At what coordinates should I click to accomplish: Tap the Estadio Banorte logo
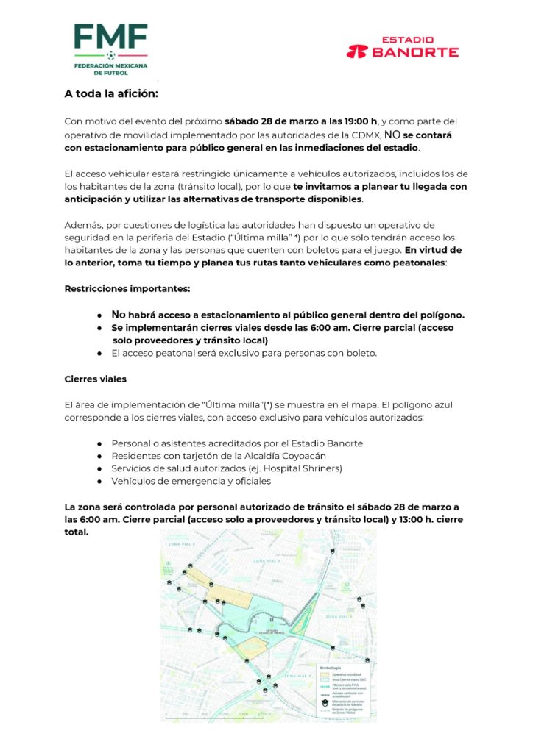pyautogui.click(x=403, y=47)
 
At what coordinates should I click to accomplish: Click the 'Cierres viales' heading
pyautogui.click(x=96, y=379)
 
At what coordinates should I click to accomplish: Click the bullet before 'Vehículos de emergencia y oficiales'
pyautogui.click(x=99, y=481)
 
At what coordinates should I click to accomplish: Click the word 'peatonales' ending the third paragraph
pyautogui.click(x=417, y=263)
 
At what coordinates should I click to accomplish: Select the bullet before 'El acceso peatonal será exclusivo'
pyautogui.click(x=99, y=353)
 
